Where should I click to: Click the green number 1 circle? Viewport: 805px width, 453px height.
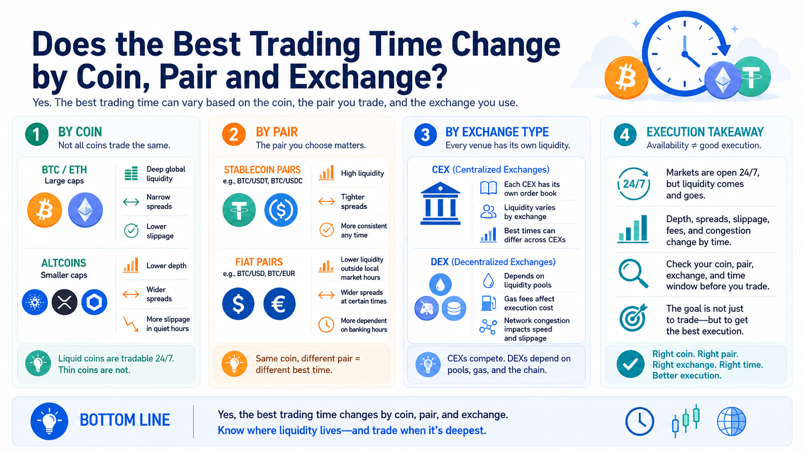point(37,134)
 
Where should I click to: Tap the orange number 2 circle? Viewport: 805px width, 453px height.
point(234,134)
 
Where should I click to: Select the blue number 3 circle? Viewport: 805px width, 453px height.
point(426,135)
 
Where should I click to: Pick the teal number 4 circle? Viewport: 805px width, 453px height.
point(625,135)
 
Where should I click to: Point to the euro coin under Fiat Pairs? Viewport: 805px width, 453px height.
point(279,304)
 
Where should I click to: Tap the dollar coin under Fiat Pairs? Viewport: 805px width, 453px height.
point(238,304)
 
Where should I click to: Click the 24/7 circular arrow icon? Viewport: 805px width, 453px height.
point(634,183)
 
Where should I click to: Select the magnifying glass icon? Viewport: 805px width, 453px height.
point(633,273)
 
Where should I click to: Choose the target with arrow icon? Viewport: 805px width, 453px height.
point(633,318)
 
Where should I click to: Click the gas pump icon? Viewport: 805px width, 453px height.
point(488,303)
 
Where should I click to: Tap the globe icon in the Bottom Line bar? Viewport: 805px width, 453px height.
point(731,421)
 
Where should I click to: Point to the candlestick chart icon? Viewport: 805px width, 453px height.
point(686,421)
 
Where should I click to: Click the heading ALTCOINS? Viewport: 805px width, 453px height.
point(64,263)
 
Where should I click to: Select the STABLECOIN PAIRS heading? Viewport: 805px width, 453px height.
point(262,169)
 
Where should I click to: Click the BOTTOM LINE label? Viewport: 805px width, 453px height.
point(125,420)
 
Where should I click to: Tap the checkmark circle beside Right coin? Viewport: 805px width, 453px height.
point(630,364)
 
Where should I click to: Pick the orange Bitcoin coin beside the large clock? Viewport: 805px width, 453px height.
point(626,78)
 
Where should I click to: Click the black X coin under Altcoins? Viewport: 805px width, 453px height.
point(65,302)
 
